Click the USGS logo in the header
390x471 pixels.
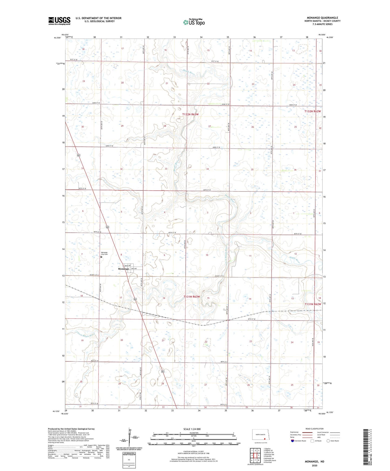click(59, 21)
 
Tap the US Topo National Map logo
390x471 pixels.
click(194, 22)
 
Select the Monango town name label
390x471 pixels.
click(123, 269)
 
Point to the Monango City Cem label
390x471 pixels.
click(104, 253)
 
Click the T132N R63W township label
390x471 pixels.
click(190, 114)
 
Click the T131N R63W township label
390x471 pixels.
click(192, 297)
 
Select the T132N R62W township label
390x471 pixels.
click(313, 111)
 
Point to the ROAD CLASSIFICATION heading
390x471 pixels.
click(314, 429)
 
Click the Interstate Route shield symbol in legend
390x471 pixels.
click(293, 441)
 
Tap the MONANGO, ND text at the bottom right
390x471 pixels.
click(314, 462)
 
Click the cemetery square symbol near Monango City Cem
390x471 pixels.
click(101, 257)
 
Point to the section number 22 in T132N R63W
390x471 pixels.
click(208, 84)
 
